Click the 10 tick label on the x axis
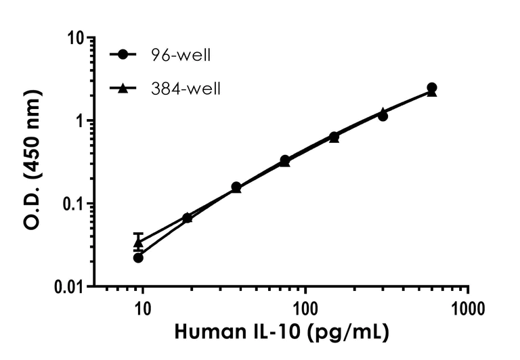(x=142, y=310)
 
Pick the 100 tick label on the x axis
(x=305, y=310)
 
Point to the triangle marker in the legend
(x=123, y=88)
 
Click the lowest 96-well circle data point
(x=138, y=257)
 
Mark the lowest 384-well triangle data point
(x=138, y=243)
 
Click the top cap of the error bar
(x=138, y=233)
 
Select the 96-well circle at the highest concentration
(x=431, y=88)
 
